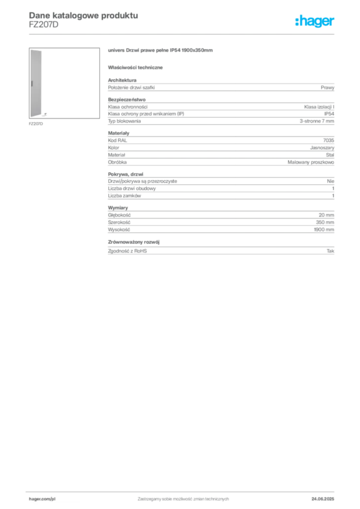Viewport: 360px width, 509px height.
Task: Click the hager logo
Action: click(315, 21)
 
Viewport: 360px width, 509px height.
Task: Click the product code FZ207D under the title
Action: click(43, 25)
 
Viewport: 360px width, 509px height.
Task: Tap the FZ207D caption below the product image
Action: click(36, 124)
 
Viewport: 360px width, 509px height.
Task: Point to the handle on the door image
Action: click(32, 84)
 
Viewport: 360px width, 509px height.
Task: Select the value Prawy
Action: click(327, 87)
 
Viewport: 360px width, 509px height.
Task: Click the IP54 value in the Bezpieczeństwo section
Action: click(329, 114)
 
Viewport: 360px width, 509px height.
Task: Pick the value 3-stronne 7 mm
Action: click(317, 121)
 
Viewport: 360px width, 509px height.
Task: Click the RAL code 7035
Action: click(329, 140)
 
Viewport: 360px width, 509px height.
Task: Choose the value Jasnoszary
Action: click(322, 148)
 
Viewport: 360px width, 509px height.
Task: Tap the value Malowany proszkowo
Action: click(311, 162)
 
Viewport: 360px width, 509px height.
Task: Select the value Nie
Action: click(331, 181)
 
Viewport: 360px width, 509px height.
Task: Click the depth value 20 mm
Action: click(326, 215)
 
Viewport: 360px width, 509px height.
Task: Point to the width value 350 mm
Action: click(325, 222)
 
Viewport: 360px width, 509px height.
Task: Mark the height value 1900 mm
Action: click(324, 230)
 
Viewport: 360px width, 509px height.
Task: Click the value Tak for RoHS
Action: click(330, 251)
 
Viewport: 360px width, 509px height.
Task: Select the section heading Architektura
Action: click(122, 80)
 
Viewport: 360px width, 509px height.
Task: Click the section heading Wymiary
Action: click(118, 208)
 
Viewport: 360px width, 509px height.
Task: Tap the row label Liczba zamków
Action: click(124, 196)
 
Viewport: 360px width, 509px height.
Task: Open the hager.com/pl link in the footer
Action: click(42, 499)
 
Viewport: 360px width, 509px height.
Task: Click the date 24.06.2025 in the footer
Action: click(323, 499)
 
